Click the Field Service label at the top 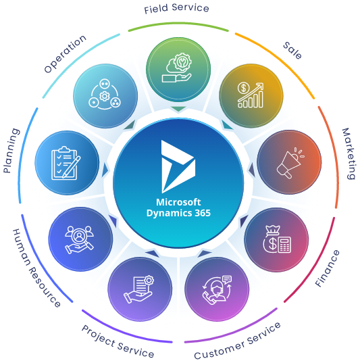pos(176,9)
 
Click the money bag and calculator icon pos(277,239)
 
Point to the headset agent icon pos(217,290)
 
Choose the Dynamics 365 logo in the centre pos(178,166)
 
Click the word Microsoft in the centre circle pos(178,202)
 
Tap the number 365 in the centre pos(203,213)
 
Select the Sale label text pos(292,51)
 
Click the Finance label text pos(328,268)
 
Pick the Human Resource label pos(36,268)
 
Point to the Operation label pos(66,53)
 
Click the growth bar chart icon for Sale pos(251,95)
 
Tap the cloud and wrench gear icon pos(177,68)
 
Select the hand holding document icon pos(139,289)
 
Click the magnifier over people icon pos(79,240)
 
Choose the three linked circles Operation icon pos(105,94)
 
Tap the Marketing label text pos(349,153)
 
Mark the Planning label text pos(11,151)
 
